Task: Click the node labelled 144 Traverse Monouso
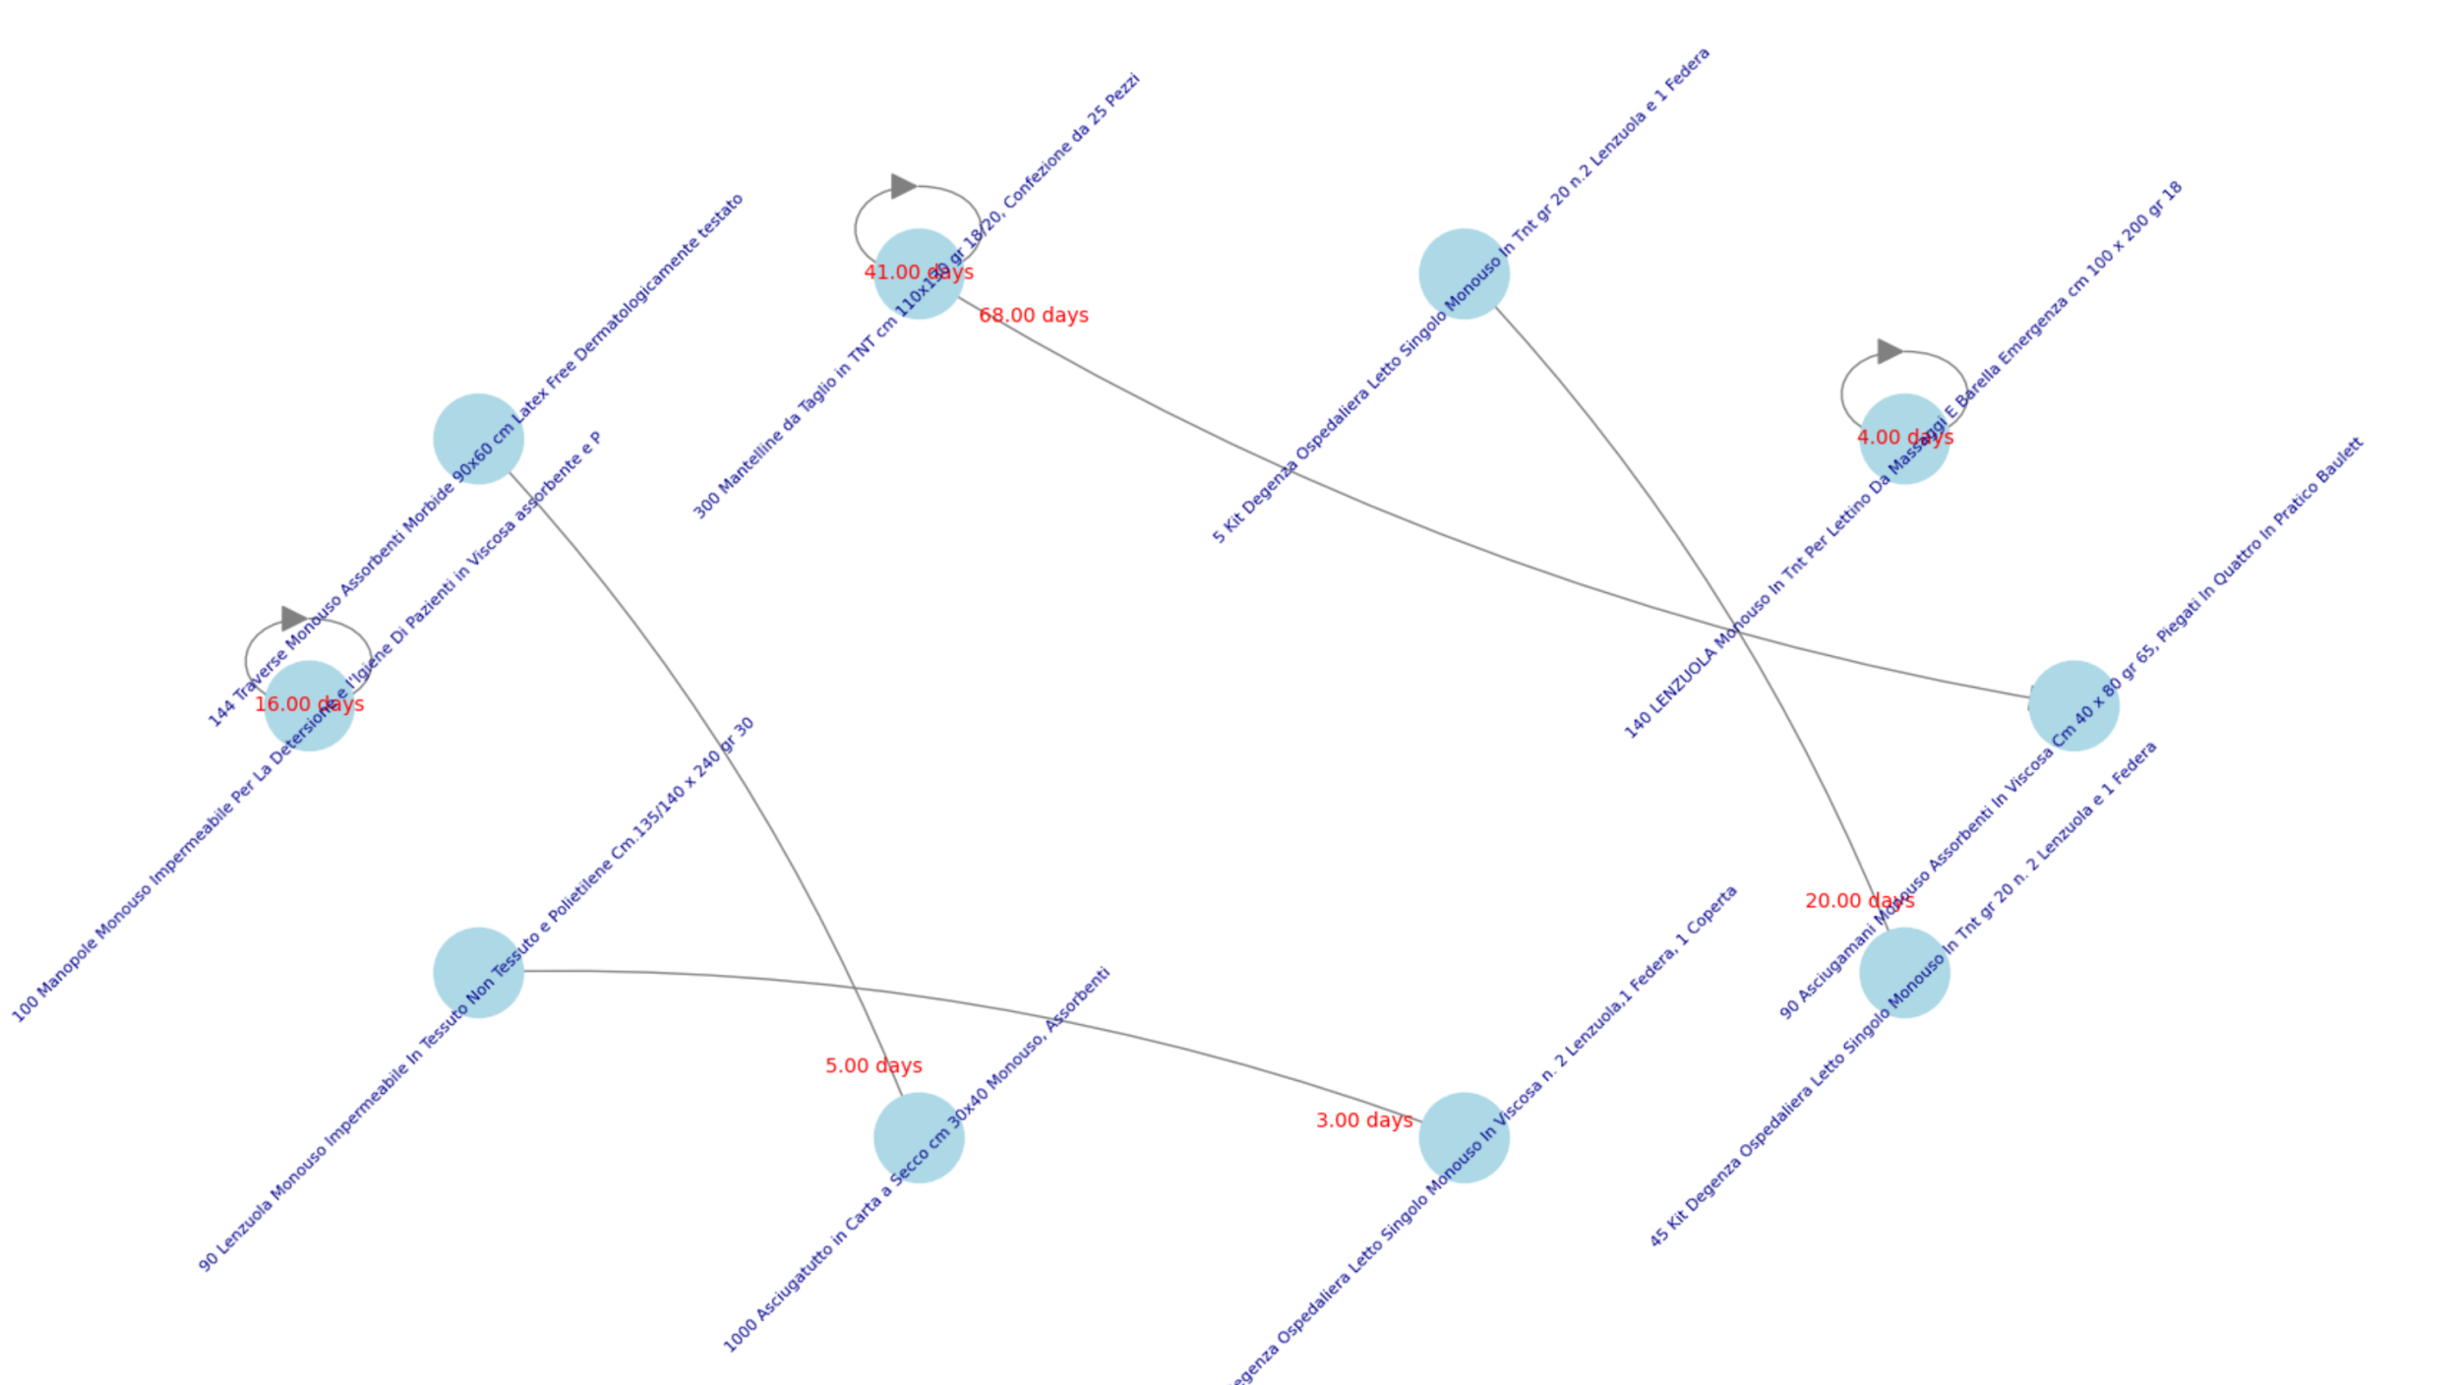coord(478,439)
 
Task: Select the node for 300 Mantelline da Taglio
coord(918,273)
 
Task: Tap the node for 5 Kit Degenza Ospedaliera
coord(1464,273)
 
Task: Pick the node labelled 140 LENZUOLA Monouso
coord(1903,439)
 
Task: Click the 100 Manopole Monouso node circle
coord(309,705)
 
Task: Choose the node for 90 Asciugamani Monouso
coord(2073,705)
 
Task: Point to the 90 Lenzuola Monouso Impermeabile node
coord(478,972)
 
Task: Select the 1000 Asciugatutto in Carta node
coord(918,1137)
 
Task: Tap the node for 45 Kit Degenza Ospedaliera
coord(1903,972)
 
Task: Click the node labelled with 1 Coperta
coord(1464,1137)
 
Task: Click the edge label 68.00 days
coord(1033,315)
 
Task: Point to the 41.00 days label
coord(918,271)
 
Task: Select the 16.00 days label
coord(309,703)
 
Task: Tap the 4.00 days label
coord(1904,437)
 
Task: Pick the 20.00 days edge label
coord(1859,900)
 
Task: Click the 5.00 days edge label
coord(873,1065)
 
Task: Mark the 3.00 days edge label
coord(1364,1120)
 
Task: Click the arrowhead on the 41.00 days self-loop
coord(903,186)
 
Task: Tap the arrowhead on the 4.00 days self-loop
coord(1889,351)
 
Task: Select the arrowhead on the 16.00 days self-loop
coord(293,618)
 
